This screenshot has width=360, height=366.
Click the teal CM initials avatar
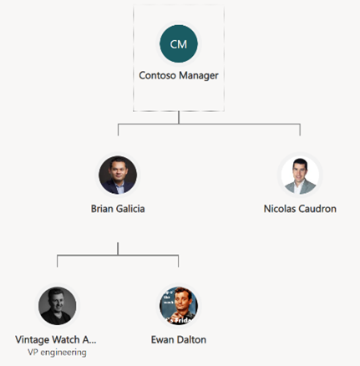click(179, 43)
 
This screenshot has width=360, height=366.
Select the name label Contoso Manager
click(179, 75)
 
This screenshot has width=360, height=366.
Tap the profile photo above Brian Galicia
click(118, 175)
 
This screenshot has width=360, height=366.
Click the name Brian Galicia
click(118, 209)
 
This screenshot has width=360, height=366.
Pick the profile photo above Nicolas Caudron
click(300, 175)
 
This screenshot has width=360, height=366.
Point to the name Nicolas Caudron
click(300, 209)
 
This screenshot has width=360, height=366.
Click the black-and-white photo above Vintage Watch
click(58, 306)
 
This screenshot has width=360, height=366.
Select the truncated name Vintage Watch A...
click(56, 339)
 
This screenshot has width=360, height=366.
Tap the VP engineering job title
click(57, 353)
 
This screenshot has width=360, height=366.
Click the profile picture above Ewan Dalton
click(179, 306)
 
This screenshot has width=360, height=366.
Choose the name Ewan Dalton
click(179, 339)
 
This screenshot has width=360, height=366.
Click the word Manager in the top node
click(199, 76)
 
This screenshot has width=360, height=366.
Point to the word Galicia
click(130, 209)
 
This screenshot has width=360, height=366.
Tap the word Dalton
click(191, 339)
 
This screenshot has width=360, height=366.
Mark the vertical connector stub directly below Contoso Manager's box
click(179, 117)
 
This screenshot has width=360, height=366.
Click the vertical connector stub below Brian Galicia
click(118, 249)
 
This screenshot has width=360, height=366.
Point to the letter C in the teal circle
click(174, 44)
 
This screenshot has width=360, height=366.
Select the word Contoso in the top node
click(158, 75)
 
